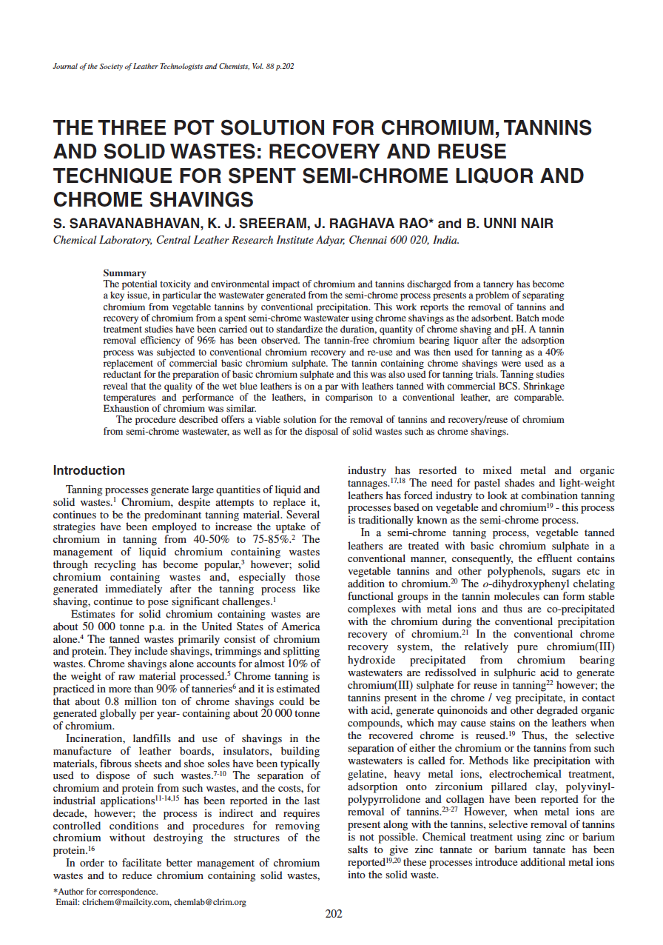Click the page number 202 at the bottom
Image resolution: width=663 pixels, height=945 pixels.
(334, 913)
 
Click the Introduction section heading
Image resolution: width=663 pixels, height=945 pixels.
(89, 470)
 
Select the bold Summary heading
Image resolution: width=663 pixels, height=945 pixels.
(124, 273)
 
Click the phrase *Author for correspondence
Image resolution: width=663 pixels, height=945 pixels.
(105, 892)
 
